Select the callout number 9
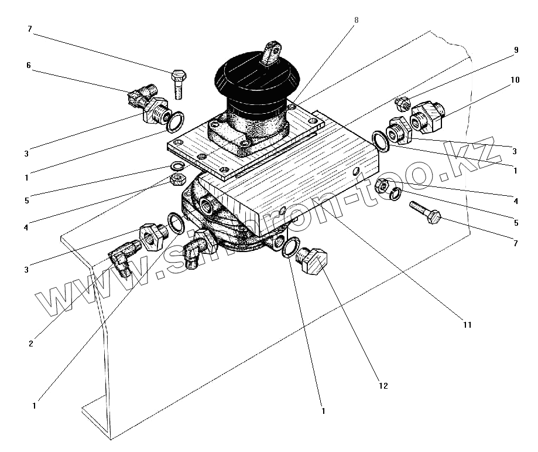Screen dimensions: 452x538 [516, 50]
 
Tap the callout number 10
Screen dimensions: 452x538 [515, 80]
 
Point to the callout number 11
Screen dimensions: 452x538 [467, 324]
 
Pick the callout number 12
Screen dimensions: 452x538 [383, 386]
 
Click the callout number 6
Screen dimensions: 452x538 [28, 66]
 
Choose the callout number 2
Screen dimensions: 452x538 [30, 344]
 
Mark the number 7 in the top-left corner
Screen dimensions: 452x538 [29, 29]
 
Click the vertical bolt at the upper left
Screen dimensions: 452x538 [179, 83]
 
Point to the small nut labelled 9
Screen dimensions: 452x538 [402, 104]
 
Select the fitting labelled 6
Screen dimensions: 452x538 [141, 96]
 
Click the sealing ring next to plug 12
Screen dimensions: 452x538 [289, 249]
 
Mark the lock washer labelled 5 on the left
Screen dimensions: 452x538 [177, 165]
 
